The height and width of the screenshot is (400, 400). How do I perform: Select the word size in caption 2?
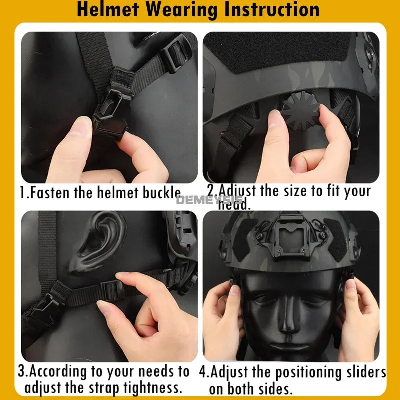click(299, 191)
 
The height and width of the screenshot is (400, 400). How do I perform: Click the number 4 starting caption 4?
click(203, 373)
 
